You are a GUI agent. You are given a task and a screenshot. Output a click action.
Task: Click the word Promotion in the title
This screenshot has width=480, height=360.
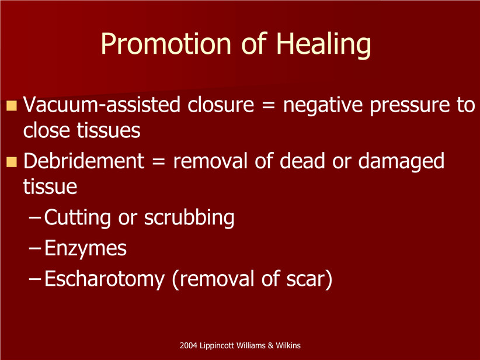[x=166, y=43]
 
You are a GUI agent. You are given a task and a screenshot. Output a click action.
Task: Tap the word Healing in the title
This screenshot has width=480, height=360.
[x=324, y=45]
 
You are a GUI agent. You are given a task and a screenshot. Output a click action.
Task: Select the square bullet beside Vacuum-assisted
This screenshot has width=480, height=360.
[x=11, y=105]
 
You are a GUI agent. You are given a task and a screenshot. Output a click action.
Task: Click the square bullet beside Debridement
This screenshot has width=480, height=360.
[x=11, y=162]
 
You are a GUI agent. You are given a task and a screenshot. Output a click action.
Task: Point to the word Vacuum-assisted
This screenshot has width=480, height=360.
[x=102, y=105]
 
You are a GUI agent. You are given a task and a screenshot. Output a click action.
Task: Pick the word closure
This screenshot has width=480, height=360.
[x=221, y=105]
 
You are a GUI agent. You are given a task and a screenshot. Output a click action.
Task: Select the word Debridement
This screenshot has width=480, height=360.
[x=84, y=161]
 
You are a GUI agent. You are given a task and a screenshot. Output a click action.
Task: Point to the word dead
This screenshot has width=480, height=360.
[x=302, y=161]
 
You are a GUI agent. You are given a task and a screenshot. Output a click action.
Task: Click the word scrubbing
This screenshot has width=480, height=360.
[x=189, y=218]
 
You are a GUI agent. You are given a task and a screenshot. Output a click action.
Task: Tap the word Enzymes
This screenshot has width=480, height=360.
[x=85, y=249]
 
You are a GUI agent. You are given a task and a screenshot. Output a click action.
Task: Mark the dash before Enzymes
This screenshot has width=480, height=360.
[x=35, y=248]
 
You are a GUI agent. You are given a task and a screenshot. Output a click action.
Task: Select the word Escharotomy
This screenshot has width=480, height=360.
[x=105, y=279]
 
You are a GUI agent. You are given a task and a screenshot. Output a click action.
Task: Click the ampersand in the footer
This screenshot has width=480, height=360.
[x=270, y=346]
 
